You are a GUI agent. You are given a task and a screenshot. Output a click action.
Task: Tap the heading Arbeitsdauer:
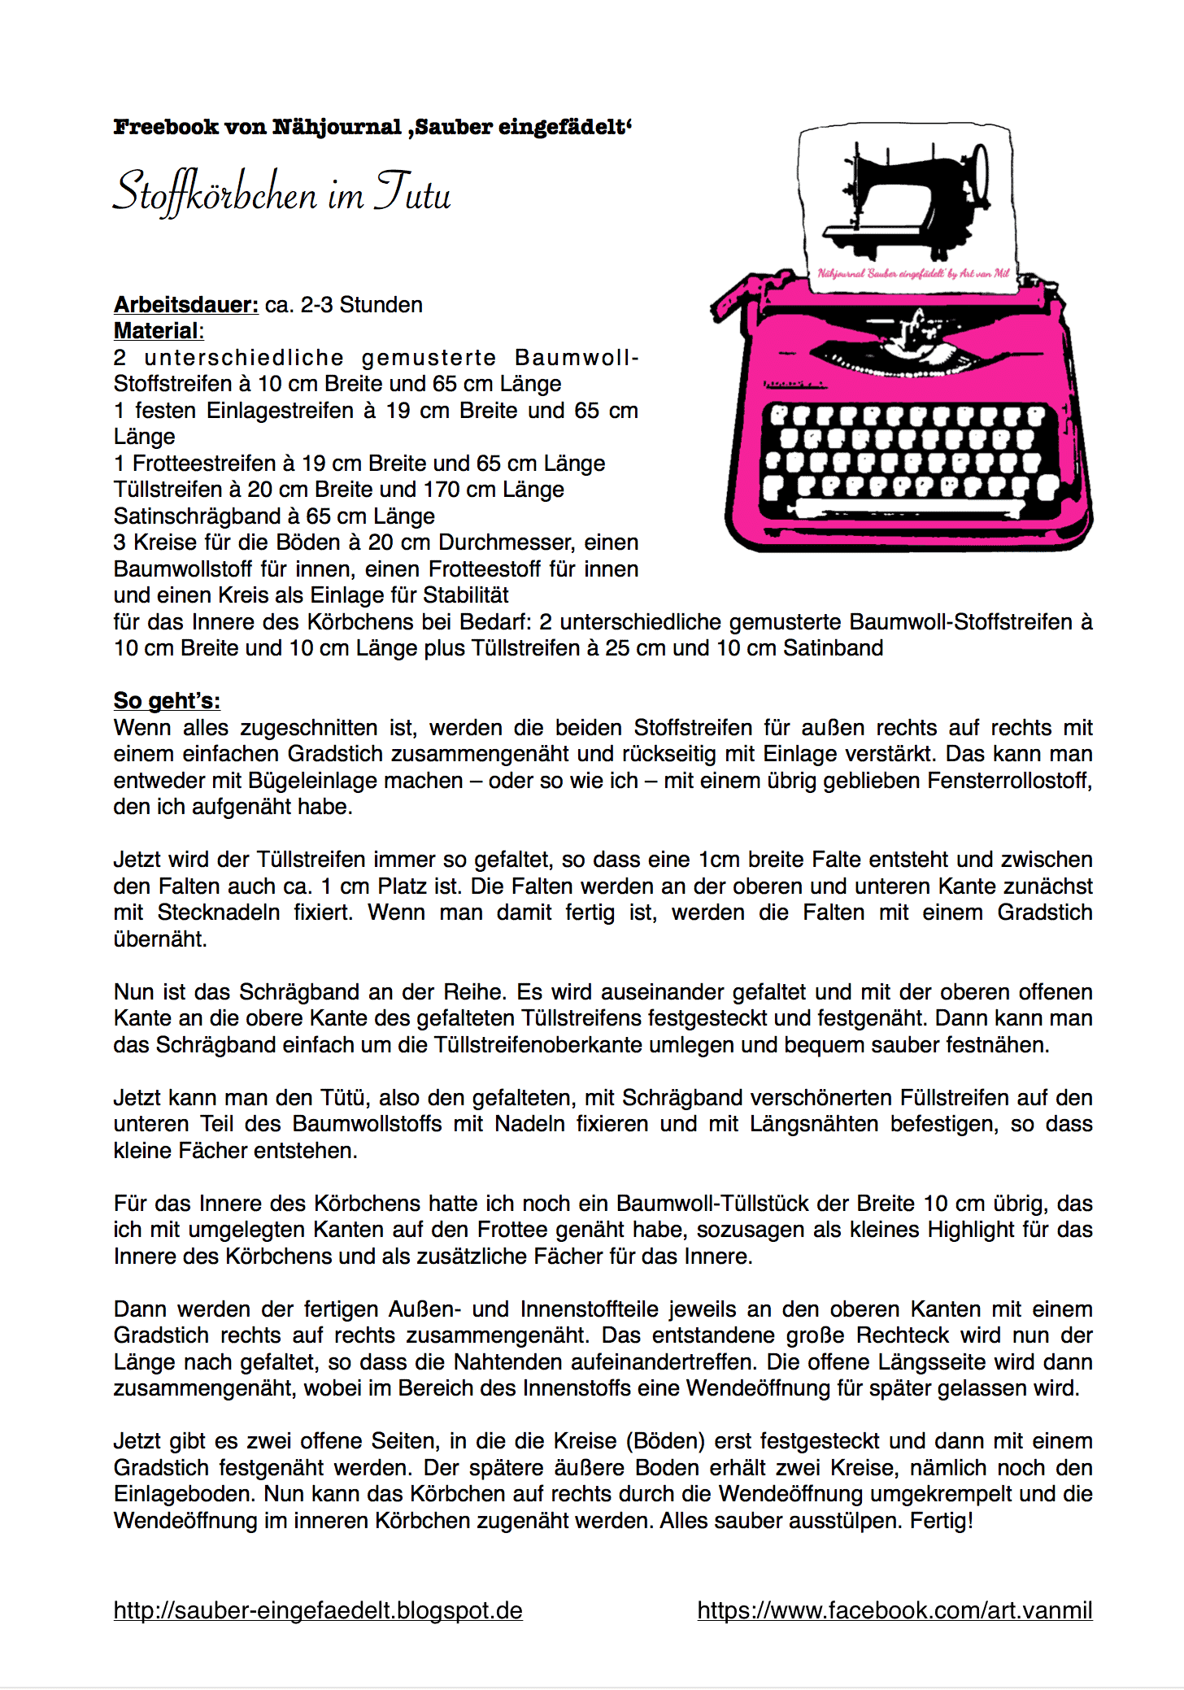(x=186, y=305)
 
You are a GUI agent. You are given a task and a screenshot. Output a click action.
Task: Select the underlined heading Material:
(x=158, y=331)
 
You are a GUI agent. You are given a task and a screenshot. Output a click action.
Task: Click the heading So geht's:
(x=167, y=701)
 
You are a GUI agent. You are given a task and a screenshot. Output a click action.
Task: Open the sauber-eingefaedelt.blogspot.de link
(x=318, y=1610)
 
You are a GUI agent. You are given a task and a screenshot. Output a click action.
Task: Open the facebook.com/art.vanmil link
(x=895, y=1610)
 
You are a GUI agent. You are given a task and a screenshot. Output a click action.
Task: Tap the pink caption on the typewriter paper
(x=912, y=273)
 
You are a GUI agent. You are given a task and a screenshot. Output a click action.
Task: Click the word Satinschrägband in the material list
(x=196, y=516)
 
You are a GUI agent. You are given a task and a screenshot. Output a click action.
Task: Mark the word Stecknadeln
(x=215, y=913)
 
